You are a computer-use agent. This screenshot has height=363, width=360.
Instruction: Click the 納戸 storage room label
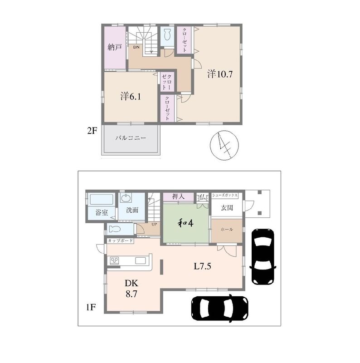click(115, 47)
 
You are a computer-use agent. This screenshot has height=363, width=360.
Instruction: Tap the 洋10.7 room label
click(220, 74)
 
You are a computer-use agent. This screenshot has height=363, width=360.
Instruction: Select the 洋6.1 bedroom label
click(131, 96)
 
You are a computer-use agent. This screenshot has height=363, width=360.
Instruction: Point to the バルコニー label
click(131, 138)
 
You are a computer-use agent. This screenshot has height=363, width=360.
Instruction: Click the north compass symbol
click(224, 145)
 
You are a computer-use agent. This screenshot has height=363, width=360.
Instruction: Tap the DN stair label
click(136, 47)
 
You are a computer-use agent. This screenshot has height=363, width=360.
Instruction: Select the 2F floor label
click(92, 131)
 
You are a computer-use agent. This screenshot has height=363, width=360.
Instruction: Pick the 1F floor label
click(91, 307)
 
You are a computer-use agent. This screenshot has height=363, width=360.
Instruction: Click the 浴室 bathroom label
click(102, 212)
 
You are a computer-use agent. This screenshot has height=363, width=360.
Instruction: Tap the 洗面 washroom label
click(132, 210)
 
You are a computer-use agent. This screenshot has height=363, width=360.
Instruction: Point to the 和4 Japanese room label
click(185, 223)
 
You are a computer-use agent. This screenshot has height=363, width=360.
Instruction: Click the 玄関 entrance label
click(227, 208)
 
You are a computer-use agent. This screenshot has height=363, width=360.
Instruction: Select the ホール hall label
click(227, 229)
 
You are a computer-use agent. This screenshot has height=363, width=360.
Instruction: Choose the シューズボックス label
click(225, 196)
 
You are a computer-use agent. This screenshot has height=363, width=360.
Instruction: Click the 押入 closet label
click(178, 197)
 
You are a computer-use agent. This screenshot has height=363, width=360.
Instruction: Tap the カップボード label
click(120, 240)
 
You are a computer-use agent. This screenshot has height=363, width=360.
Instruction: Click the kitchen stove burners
click(114, 260)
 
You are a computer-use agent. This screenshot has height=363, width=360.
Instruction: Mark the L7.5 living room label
click(202, 266)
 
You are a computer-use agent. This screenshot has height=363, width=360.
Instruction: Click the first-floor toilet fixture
click(115, 229)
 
